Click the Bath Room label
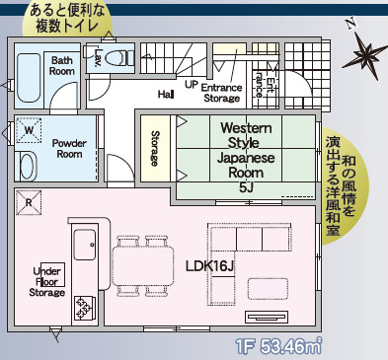click(62, 66)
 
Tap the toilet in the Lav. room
click(119, 58)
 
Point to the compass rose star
click(364, 56)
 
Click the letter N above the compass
click(351, 24)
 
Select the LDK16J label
click(209, 266)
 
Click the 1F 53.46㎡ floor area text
click(278, 346)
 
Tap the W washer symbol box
click(29, 130)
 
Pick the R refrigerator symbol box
click(29, 202)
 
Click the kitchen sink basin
click(85, 245)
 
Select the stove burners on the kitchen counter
click(84, 308)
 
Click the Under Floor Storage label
click(47, 282)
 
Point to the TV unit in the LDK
click(267, 317)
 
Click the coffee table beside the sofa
click(269, 289)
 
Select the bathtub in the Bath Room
click(29, 78)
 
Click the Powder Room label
click(69, 149)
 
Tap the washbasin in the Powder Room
click(28, 167)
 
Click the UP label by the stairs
click(192, 85)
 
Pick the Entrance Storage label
click(221, 93)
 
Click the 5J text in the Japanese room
click(246, 187)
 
